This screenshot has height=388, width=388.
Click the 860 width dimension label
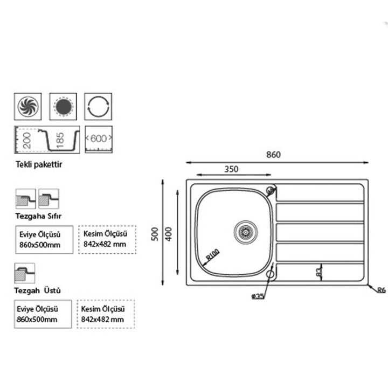tap(273, 155)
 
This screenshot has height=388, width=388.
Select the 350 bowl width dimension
tap(231, 169)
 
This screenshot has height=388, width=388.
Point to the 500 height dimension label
tap(155, 233)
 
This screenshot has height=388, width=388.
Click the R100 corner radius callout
tap(211, 255)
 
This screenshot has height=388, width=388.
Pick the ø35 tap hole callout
tap(257, 296)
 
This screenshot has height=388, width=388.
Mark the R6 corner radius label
tap(381, 291)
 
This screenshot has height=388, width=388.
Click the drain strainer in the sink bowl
tap(244, 231)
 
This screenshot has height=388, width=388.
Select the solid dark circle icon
tap(64, 106)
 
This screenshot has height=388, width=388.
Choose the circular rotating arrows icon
tap(99, 106)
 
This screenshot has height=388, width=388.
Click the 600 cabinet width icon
tap(99, 138)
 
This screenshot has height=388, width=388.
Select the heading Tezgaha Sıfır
tap(39, 216)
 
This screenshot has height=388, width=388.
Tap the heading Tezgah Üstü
tap(38, 290)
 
